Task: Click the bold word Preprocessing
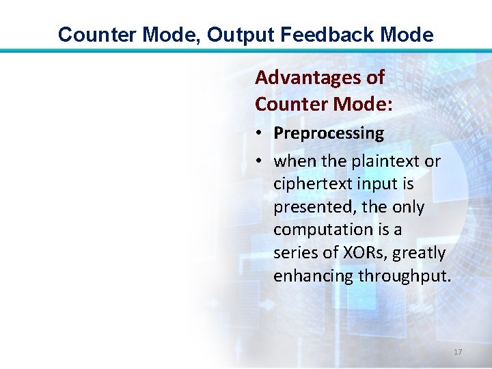[329, 133]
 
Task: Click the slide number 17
[458, 351]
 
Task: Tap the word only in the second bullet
[409, 207]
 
